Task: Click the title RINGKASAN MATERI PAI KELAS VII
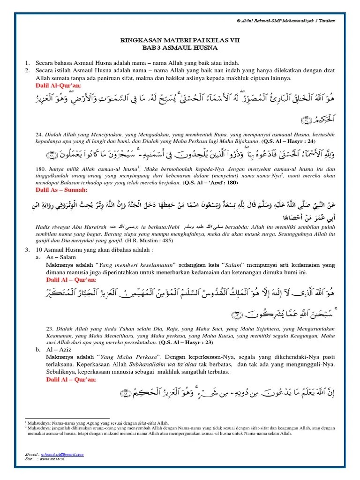pos(180,41)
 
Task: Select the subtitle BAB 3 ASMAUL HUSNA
pos(180,47)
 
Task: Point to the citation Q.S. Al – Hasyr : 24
pos(298,141)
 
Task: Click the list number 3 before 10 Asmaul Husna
pos(27,250)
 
